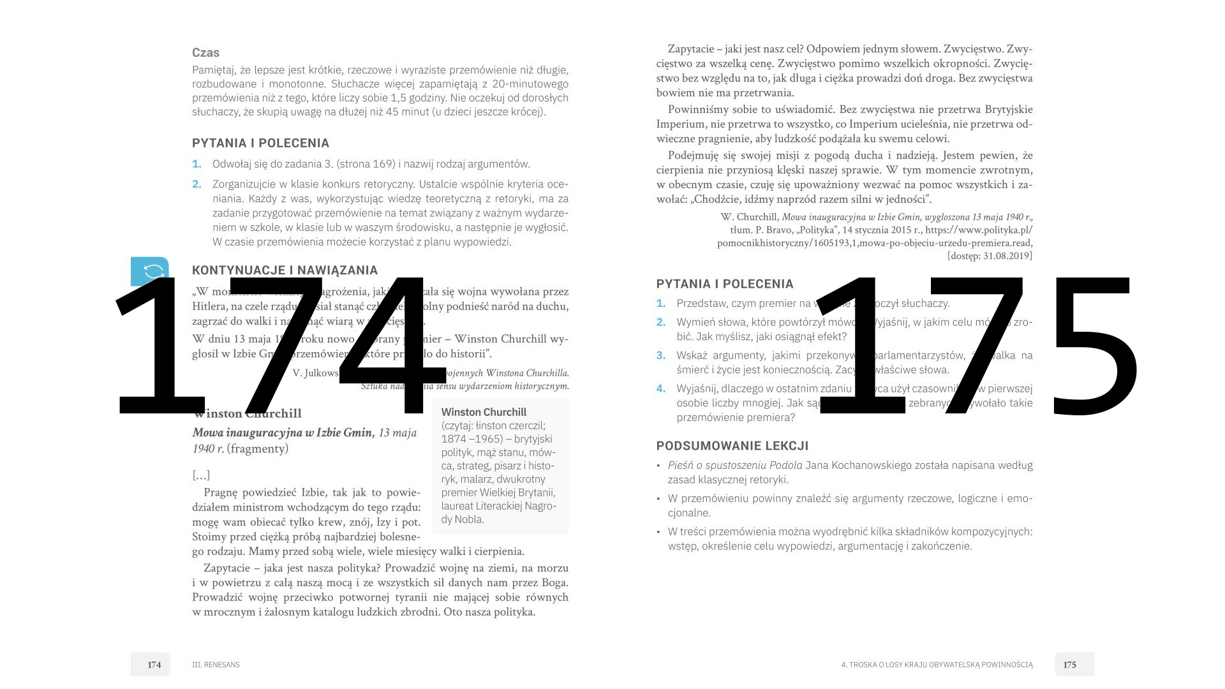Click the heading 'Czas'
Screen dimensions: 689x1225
point(205,53)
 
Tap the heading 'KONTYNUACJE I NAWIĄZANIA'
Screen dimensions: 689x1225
point(285,270)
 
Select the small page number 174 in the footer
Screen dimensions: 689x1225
point(154,665)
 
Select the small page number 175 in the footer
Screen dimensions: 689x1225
point(1070,665)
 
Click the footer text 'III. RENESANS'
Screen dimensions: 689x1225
point(216,665)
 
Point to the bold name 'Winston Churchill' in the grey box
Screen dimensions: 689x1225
point(484,412)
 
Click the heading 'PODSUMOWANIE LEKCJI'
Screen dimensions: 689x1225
point(732,446)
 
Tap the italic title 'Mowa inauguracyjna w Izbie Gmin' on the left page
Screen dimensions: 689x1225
point(283,433)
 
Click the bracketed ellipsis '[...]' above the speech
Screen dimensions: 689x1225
point(201,475)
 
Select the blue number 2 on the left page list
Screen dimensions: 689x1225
point(197,184)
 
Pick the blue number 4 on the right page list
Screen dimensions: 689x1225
point(661,389)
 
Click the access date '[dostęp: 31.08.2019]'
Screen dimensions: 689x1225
point(990,256)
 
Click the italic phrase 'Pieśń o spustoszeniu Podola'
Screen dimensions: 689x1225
point(735,466)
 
